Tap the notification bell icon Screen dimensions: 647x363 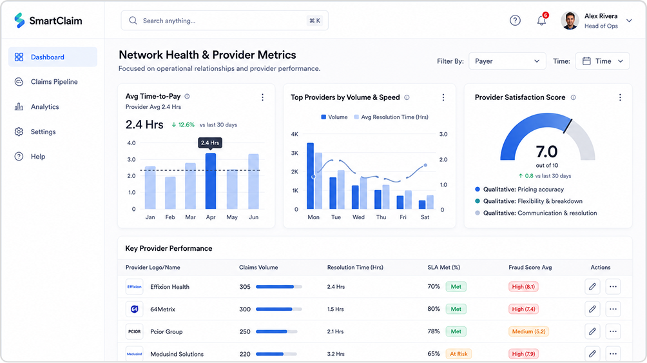(541, 21)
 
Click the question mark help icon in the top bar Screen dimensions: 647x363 (515, 20)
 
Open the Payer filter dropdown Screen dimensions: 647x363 (507, 61)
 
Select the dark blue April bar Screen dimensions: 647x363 (211, 181)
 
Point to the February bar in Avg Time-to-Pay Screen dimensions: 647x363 (170, 193)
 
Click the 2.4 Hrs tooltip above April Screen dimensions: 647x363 (210, 143)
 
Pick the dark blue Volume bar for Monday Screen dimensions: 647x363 (311, 176)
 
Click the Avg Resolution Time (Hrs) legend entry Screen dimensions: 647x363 (391, 117)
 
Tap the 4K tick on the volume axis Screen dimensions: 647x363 (295, 134)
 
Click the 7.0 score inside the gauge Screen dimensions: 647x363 (546, 152)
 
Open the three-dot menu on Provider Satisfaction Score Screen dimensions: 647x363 (620, 97)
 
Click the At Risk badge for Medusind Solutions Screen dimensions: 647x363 (458, 354)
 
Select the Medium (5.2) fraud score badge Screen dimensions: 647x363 (528, 331)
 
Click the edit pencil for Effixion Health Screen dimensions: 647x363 (592, 287)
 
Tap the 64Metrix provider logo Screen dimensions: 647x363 (134, 309)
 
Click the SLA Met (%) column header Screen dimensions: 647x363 (443, 268)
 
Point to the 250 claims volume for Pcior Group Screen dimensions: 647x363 (245, 331)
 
